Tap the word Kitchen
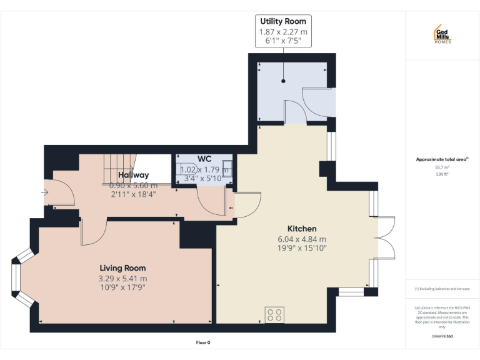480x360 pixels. coord(302,229)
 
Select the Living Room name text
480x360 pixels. coord(122,268)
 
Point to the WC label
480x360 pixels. coord(204,159)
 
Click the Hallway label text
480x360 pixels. coord(133,175)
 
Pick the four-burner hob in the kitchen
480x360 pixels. coord(274,314)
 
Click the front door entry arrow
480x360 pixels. coord(44,192)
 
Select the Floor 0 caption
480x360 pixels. coord(202,342)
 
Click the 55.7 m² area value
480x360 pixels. coord(442,167)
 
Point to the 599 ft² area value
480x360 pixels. coord(442,174)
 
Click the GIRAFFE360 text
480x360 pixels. coord(442,336)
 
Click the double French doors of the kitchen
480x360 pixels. coord(386,237)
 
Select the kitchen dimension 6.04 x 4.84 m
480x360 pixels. coord(302,239)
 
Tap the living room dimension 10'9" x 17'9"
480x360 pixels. coord(122,287)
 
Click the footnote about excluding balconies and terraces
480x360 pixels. coord(442,289)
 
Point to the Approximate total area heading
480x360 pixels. coord(441,159)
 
